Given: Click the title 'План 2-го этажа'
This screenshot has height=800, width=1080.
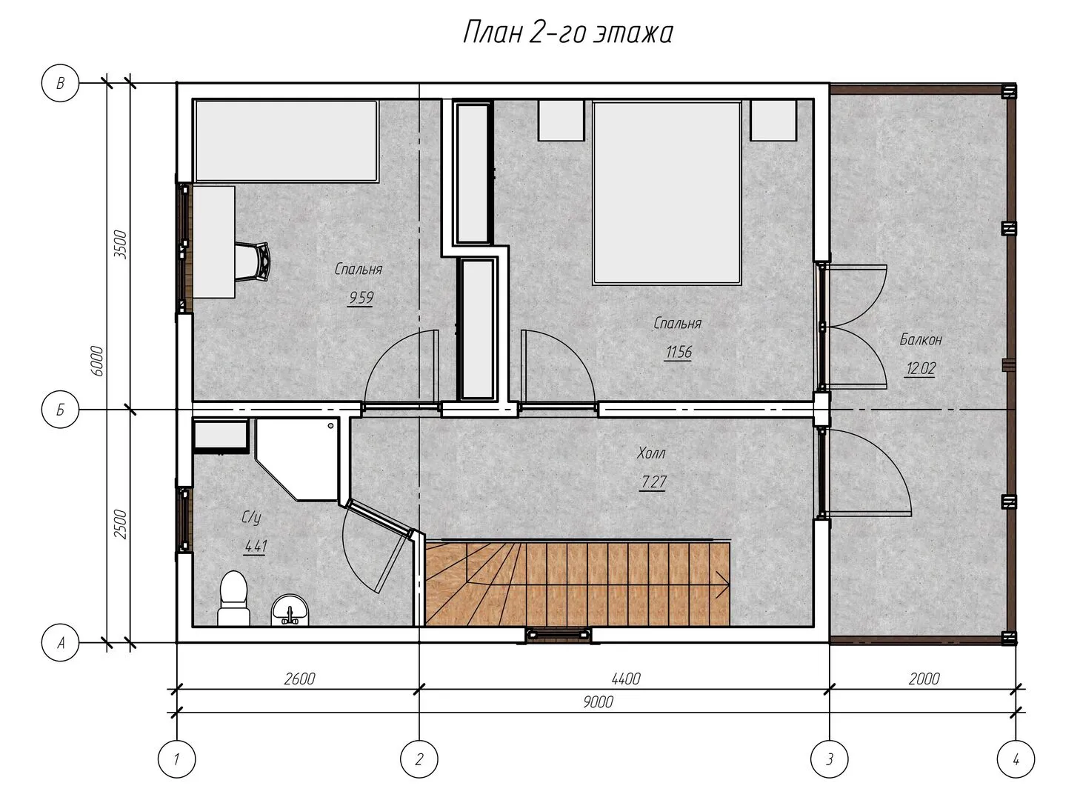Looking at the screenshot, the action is [x=567, y=33].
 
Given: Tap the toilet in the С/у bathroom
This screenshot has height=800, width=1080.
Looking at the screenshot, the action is [x=233, y=599].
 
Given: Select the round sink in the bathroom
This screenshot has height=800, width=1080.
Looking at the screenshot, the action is [x=290, y=610].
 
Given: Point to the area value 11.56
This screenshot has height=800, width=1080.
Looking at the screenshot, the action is [x=679, y=352].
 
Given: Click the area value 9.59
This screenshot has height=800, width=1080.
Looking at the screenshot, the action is [x=361, y=297].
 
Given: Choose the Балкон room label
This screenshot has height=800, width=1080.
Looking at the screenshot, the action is [x=920, y=339].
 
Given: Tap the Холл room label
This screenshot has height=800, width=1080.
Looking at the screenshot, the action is [x=651, y=453].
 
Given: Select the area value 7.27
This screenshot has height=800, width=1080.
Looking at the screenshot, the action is [x=653, y=481].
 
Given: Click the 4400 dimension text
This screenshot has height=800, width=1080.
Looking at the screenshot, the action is [x=626, y=679].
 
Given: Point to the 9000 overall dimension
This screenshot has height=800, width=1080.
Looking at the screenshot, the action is [x=599, y=701].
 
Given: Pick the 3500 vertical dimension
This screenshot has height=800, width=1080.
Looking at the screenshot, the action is [x=120, y=244].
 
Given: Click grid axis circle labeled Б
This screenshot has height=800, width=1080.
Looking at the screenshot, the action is [x=61, y=410].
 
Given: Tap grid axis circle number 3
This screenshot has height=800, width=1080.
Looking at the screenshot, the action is [x=829, y=759].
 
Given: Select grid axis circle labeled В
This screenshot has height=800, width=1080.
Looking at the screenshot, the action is [x=61, y=83].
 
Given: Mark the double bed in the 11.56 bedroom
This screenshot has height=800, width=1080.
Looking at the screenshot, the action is [x=667, y=193].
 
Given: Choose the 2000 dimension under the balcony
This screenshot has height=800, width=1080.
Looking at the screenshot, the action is [x=924, y=679].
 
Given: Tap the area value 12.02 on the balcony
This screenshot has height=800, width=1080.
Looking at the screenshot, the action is [x=920, y=368].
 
